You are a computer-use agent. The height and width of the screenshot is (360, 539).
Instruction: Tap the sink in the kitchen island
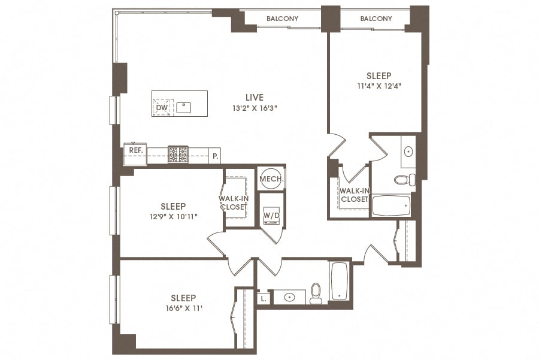pyautogui.click(x=183, y=108)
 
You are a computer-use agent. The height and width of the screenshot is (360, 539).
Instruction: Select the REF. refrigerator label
pyautogui.click(x=135, y=150)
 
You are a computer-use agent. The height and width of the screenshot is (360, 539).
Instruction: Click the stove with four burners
pyautogui.click(x=178, y=155)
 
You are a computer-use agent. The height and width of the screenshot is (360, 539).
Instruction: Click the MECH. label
pyautogui.click(x=271, y=179)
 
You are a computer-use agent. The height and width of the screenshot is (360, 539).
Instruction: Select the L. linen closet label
pyautogui.click(x=264, y=298)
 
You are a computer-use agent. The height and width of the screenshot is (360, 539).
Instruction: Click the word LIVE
pyautogui.click(x=255, y=97)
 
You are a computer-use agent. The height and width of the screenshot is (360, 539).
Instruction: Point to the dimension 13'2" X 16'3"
pyautogui.click(x=255, y=108)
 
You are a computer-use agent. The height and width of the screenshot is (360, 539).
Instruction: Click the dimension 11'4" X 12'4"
pyautogui.click(x=379, y=86)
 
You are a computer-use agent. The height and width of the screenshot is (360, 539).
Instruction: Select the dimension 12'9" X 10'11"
pyautogui.click(x=173, y=216)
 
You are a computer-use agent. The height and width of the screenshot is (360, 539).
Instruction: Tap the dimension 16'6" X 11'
pyautogui.click(x=183, y=308)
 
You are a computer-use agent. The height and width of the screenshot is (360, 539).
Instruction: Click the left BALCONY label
pyautogui.click(x=282, y=19)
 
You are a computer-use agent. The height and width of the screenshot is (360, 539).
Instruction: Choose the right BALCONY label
pyautogui.click(x=376, y=19)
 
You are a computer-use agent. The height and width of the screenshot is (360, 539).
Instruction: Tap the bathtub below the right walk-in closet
pyautogui.click(x=390, y=206)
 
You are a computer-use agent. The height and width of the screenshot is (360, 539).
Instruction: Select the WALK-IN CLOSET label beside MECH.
pyautogui.click(x=233, y=202)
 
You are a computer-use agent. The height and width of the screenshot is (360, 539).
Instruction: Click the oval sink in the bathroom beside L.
pyautogui.click(x=290, y=297)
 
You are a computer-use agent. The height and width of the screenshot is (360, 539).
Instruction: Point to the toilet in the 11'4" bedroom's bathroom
pyautogui.click(x=402, y=179)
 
